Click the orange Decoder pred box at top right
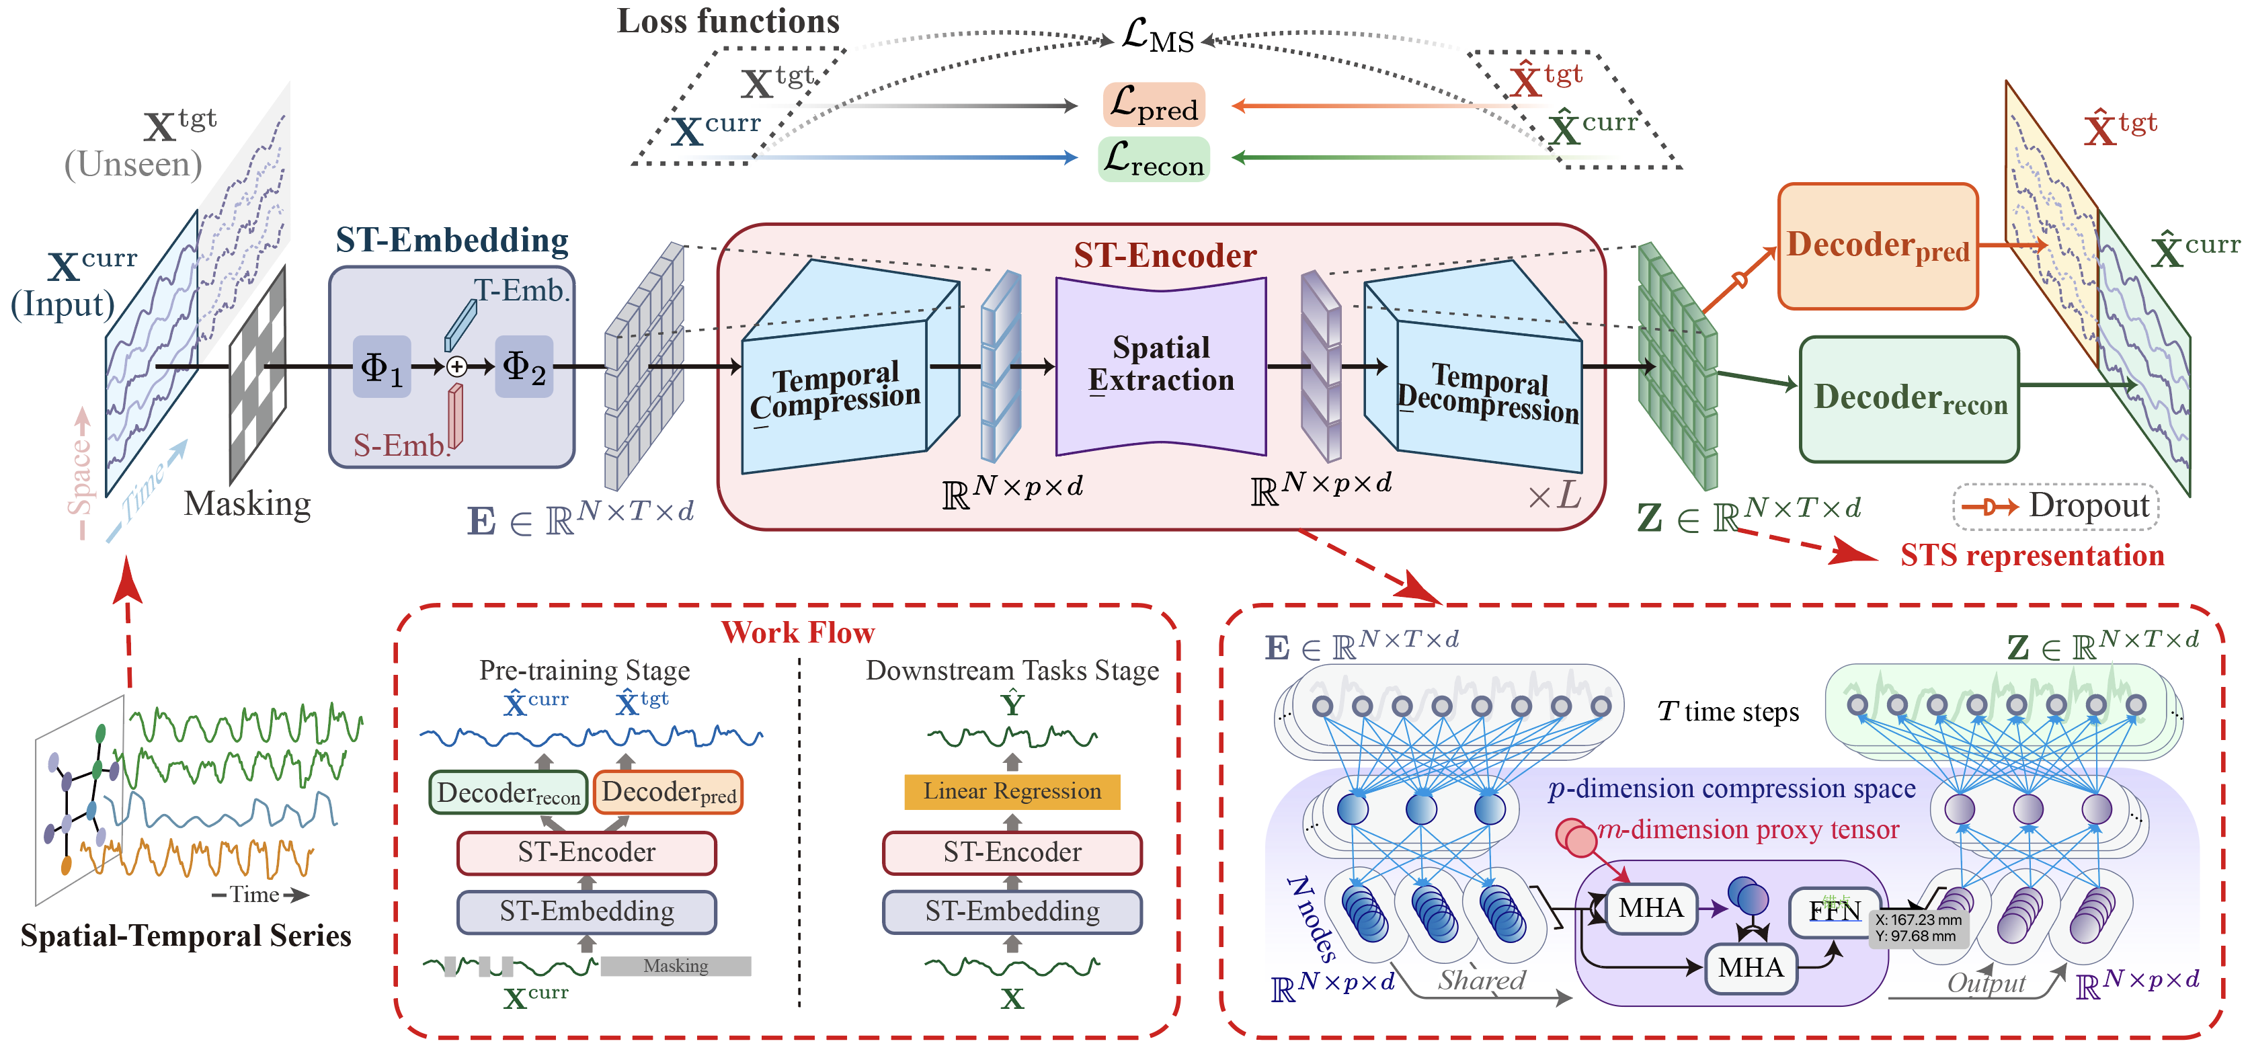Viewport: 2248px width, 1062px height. tap(1877, 246)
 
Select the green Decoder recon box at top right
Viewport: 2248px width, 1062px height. tap(1909, 399)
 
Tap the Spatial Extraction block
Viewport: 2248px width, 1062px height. tap(1161, 365)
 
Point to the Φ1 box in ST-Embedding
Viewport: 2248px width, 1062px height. tap(381, 366)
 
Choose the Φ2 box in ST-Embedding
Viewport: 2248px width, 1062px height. tap(524, 366)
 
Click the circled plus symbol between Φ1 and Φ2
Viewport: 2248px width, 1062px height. tap(456, 366)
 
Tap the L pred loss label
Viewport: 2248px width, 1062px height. tap(1154, 105)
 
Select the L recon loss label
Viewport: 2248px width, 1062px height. tap(1154, 159)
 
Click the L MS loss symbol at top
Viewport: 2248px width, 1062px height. tap(1157, 37)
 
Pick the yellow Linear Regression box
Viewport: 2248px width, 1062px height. tap(1012, 792)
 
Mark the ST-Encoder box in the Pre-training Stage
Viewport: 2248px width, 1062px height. tap(586, 852)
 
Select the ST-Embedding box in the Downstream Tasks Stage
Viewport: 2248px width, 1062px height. tap(1012, 912)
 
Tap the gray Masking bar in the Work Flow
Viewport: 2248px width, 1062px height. tap(676, 966)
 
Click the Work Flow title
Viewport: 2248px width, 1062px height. tap(797, 632)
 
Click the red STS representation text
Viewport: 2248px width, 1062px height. tap(2032, 556)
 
